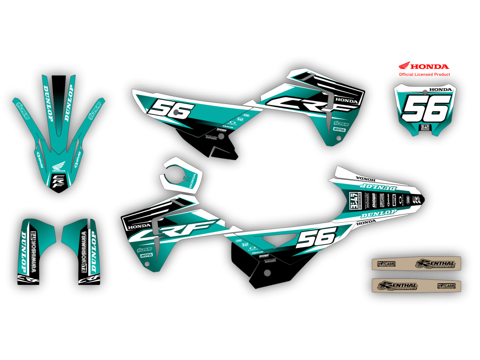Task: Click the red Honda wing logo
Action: pos(405,66)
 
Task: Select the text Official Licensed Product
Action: pos(424,75)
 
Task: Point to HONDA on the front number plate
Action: pos(440,90)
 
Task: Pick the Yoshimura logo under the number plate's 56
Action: pos(426,127)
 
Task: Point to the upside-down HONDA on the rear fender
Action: pos(365,179)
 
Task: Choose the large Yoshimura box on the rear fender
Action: pos(355,200)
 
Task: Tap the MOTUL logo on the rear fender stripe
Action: pos(394,201)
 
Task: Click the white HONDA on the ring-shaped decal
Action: pos(192,182)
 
